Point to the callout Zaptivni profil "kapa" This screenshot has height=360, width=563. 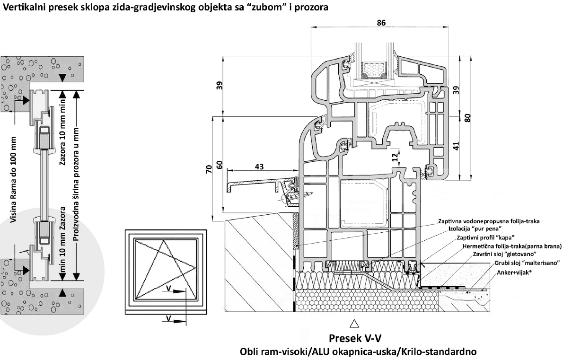pyautogui.click(x=485, y=237)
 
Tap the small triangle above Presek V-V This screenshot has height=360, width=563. pyautogui.click(x=353, y=324)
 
